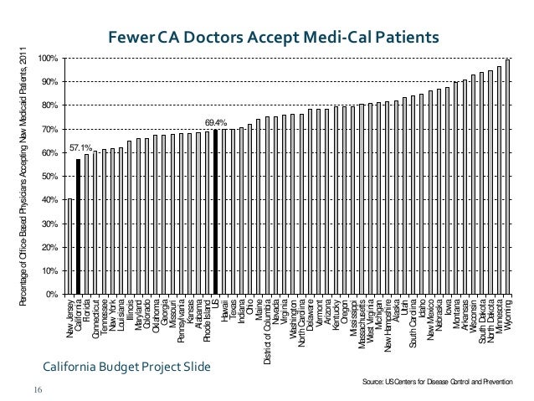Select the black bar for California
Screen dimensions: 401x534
pyautogui.click(x=78, y=226)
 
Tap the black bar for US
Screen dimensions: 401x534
pyautogui.click(x=215, y=212)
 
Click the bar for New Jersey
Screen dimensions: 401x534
pyautogui.click(x=69, y=246)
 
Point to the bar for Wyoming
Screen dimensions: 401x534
pyautogui.click(x=508, y=177)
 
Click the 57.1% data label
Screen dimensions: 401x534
pyautogui.click(x=80, y=147)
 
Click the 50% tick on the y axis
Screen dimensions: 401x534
pyautogui.click(x=48, y=177)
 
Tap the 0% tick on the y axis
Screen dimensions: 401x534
pyautogui.click(x=50, y=295)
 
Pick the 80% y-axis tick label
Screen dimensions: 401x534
pyautogui.click(x=48, y=105)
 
